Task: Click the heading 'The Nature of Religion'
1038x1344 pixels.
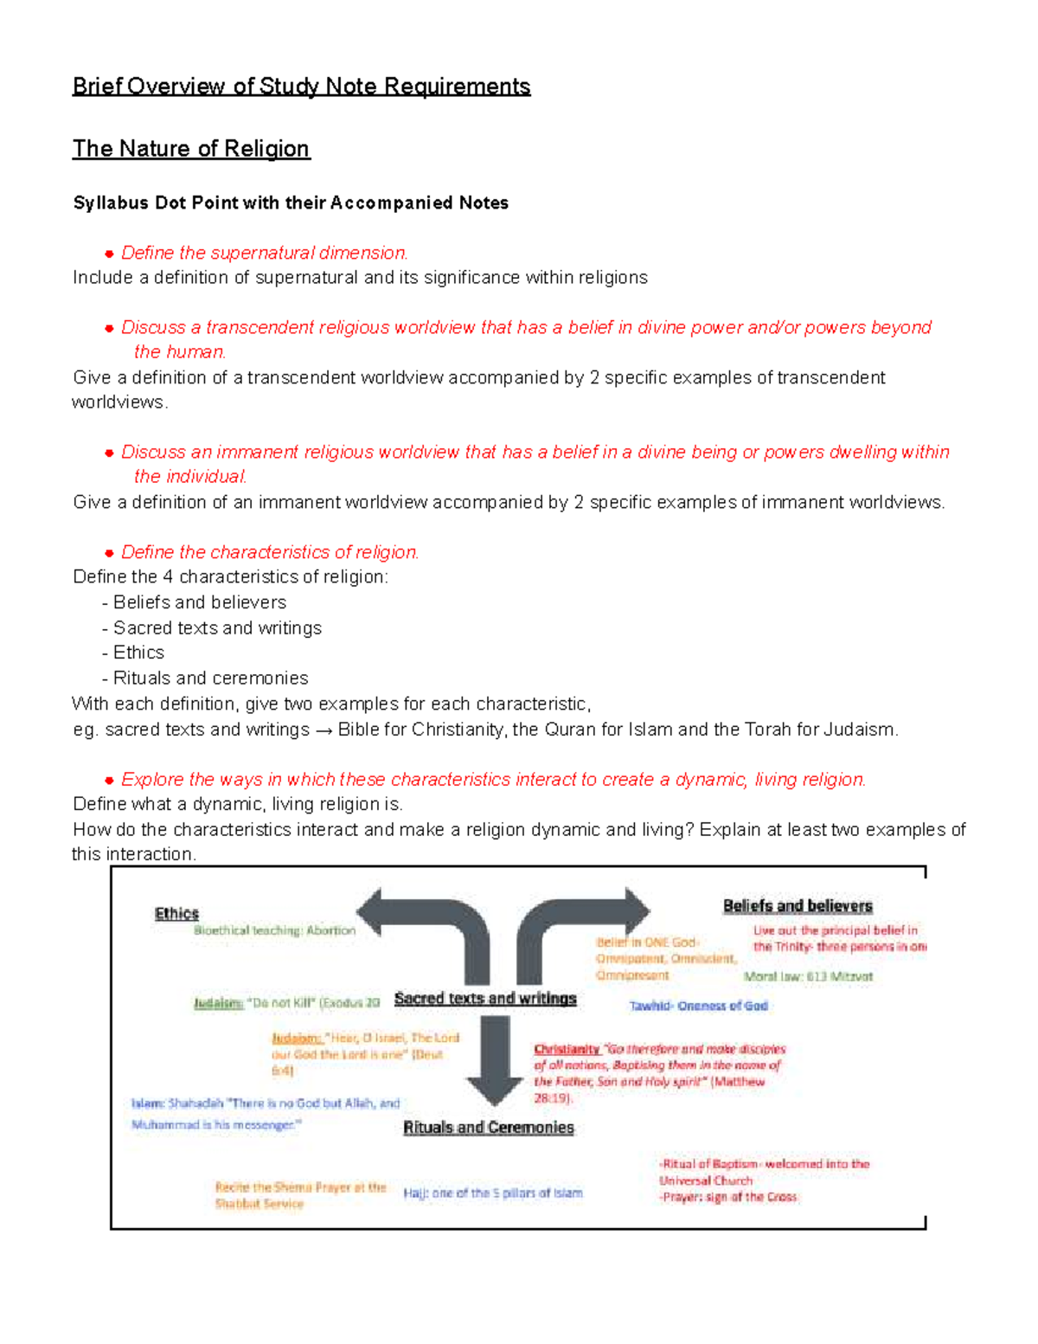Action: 190,149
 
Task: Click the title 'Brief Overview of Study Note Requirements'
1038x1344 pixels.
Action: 301,87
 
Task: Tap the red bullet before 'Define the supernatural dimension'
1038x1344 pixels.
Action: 109,254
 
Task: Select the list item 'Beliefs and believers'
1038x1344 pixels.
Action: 199,602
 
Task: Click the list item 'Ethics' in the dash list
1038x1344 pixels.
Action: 138,653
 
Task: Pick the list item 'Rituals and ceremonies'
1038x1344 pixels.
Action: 210,678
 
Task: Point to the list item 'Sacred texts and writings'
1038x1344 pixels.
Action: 217,627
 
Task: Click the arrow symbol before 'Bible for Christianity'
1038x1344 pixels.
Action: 324,730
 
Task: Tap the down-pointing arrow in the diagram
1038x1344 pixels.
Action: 495,1060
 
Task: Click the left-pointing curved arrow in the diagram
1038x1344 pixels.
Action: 424,926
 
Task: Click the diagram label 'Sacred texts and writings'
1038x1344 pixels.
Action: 485,998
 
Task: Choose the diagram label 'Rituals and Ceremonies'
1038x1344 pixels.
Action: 489,1127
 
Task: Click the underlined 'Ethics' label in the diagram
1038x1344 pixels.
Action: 176,913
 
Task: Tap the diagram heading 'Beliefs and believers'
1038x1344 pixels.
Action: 798,905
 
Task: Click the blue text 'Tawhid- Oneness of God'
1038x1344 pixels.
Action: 698,1006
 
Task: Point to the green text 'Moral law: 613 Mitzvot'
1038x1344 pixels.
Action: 808,976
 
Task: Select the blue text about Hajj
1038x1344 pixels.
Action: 493,1193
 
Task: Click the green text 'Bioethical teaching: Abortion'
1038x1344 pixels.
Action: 274,930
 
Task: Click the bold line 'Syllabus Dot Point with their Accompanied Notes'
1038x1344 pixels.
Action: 291,203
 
